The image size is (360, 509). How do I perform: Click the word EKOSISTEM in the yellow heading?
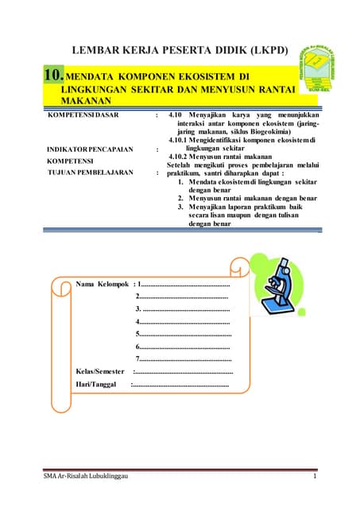(202, 76)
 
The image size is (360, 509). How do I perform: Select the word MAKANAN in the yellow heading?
(72, 104)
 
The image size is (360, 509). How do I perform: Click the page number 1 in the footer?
(315, 476)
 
